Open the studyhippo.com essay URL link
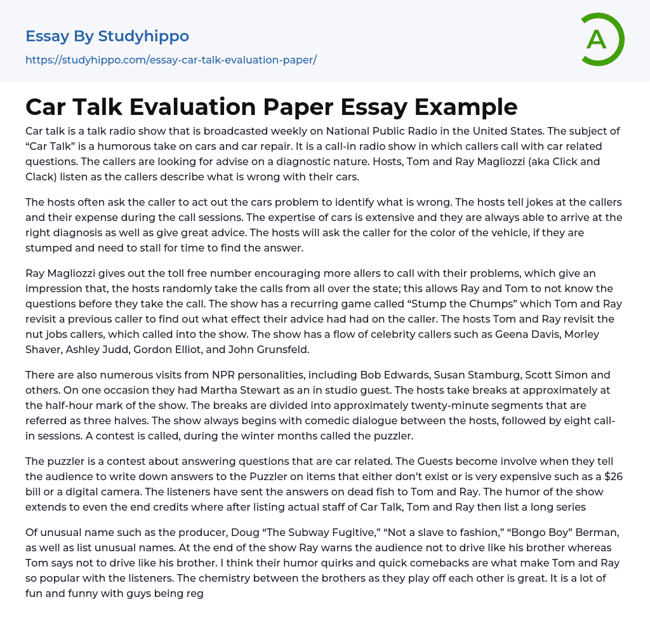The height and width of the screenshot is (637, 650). [171, 60]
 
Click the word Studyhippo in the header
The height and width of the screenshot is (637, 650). [143, 36]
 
